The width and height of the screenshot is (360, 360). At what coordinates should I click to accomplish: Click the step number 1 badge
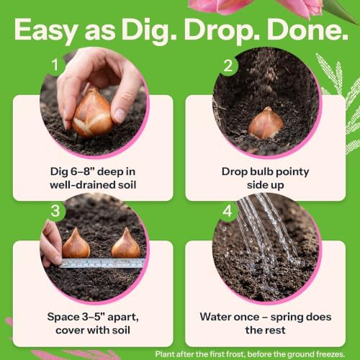[x=55, y=65]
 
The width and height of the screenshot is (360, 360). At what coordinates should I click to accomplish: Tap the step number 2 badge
[x=228, y=66]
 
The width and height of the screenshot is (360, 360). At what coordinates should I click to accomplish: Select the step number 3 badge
[x=55, y=211]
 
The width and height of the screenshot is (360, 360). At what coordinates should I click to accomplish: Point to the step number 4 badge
[x=228, y=211]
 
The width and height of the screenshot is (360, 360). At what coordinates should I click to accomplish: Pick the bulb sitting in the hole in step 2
[x=266, y=123]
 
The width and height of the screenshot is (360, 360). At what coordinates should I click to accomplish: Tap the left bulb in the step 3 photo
[x=76, y=243]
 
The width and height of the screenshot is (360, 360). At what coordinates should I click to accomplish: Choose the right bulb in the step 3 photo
[x=126, y=243]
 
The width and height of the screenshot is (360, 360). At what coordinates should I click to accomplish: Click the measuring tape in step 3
[x=102, y=264]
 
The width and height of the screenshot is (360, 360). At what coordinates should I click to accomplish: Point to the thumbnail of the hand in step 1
[x=120, y=112]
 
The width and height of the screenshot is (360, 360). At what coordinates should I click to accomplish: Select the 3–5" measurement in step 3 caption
[x=94, y=317]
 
